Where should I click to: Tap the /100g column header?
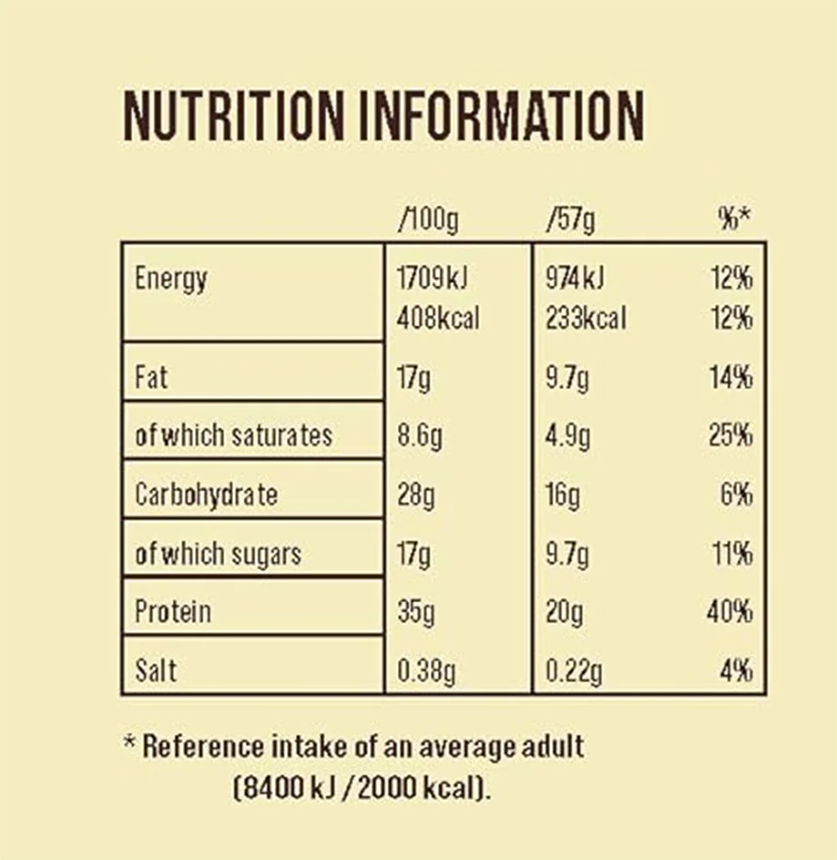tap(428, 220)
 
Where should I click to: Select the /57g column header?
tap(571, 220)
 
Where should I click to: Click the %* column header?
tap(734, 220)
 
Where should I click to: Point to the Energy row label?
tap(171, 280)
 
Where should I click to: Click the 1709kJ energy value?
tap(432, 279)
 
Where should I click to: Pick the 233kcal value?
tap(586, 319)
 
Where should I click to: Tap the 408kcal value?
tap(438, 319)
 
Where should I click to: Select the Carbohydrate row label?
tap(206, 494)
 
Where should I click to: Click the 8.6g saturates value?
tap(420, 436)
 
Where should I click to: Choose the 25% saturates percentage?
tap(730, 436)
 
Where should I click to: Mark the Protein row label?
tap(173, 611)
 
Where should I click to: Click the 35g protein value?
tap(417, 612)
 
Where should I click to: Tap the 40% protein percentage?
tap(730, 612)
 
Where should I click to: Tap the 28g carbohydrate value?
tap(417, 494)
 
